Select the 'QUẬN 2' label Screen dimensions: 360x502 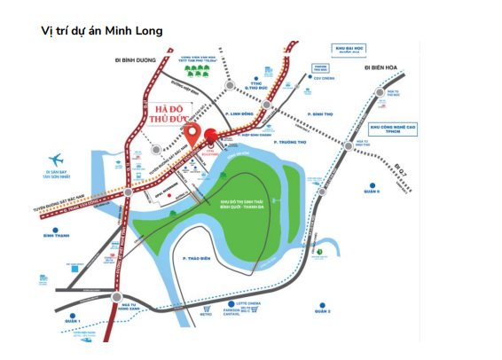(323, 311)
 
